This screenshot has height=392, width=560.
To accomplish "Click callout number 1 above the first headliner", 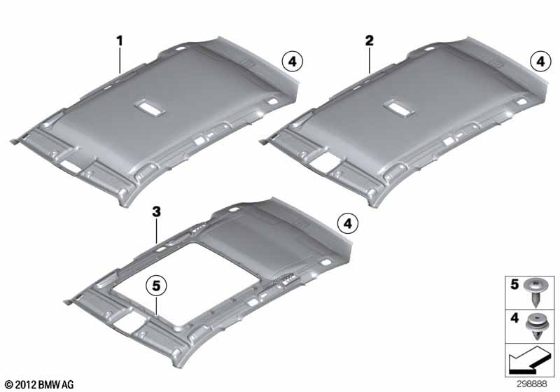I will (120, 41).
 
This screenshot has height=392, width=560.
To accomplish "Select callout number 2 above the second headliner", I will (368, 41).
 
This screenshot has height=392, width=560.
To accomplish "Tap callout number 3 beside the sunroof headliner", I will (156, 209).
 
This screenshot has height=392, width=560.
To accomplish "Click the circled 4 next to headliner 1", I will (293, 62).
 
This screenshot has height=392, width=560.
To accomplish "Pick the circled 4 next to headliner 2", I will (539, 62).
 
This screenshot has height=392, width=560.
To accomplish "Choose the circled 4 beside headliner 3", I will (348, 224).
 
